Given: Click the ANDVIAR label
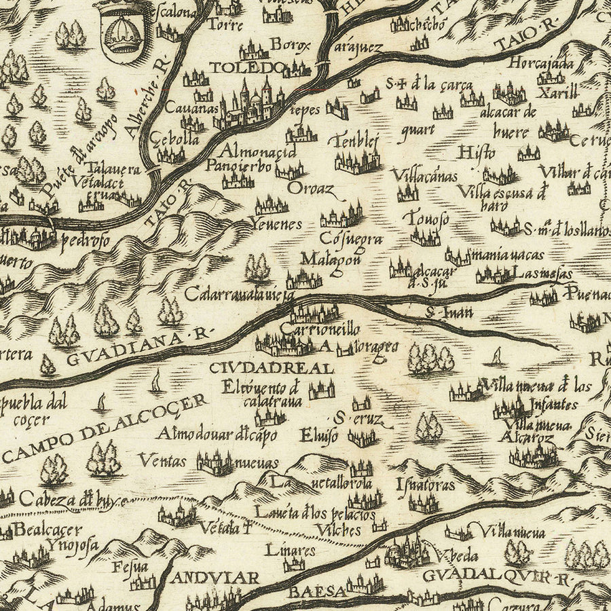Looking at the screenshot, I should [206, 578].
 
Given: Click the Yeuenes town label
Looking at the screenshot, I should [274, 224].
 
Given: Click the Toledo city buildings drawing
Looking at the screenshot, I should [248, 105].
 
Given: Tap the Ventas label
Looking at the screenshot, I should [162, 461].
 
